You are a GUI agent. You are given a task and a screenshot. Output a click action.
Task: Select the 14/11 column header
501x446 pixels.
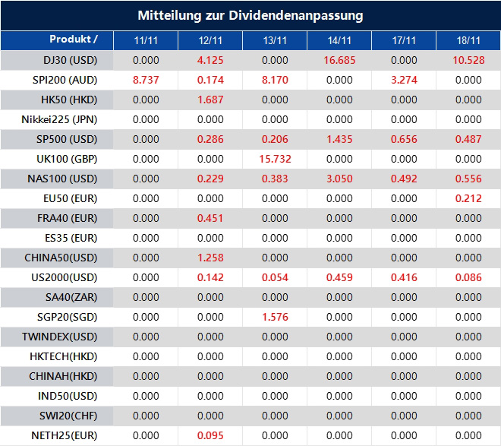(339, 40)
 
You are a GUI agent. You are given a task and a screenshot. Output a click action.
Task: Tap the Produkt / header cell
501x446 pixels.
(74, 40)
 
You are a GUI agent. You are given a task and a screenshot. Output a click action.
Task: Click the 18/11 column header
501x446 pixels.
(468, 40)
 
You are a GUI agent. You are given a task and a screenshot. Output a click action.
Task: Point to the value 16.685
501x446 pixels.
(339, 60)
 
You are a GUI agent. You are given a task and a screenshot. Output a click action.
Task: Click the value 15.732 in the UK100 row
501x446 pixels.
(275, 159)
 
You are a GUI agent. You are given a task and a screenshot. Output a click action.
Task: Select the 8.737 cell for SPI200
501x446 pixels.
(146, 80)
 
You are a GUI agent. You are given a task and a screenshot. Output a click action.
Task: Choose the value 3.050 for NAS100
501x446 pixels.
(339, 179)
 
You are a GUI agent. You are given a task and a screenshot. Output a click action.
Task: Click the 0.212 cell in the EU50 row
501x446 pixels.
(468, 198)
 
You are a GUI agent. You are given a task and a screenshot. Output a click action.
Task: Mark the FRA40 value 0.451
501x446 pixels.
(210, 218)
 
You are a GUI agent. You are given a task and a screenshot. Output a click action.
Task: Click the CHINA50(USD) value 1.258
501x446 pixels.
(210, 258)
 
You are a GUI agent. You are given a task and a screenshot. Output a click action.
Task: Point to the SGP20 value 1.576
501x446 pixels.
(275, 317)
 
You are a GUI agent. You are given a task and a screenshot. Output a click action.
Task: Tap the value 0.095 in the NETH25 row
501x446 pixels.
(210, 435)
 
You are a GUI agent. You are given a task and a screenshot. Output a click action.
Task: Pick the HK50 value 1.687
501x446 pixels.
(210, 100)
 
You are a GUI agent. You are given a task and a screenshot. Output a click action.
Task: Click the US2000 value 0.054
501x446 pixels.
(275, 277)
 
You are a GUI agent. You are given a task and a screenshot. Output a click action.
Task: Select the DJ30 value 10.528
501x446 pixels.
(468, 60)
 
